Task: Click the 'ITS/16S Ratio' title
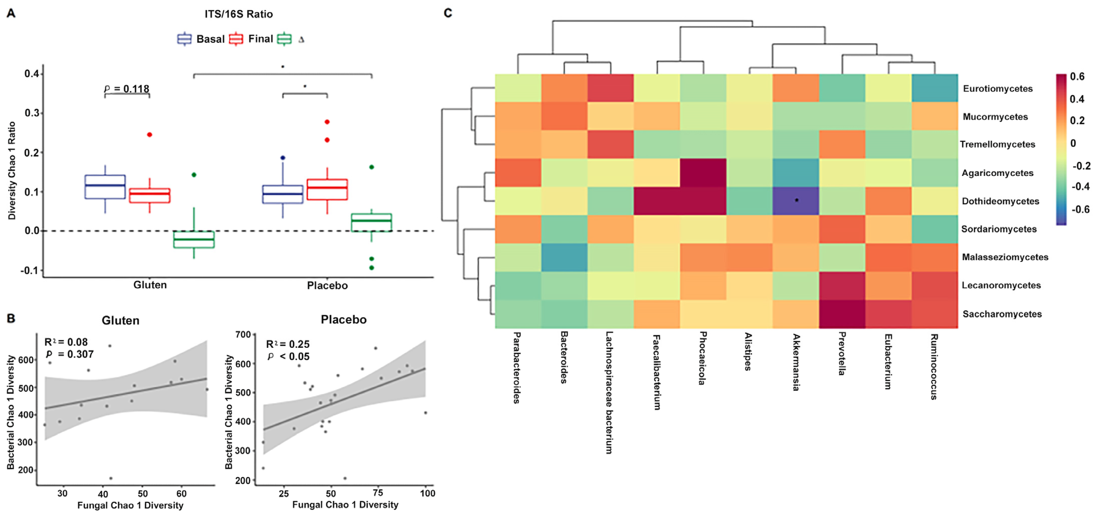(238, 14)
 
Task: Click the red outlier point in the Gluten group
(150, 135)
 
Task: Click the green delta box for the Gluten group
(194, 239)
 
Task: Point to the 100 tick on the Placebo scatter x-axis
(427, 493)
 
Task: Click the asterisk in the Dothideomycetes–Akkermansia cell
(796, 200)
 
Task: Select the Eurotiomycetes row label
(997, 89)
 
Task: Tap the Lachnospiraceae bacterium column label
(609, 392)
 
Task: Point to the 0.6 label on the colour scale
(1077, 77)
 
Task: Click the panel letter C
(448, 13)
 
